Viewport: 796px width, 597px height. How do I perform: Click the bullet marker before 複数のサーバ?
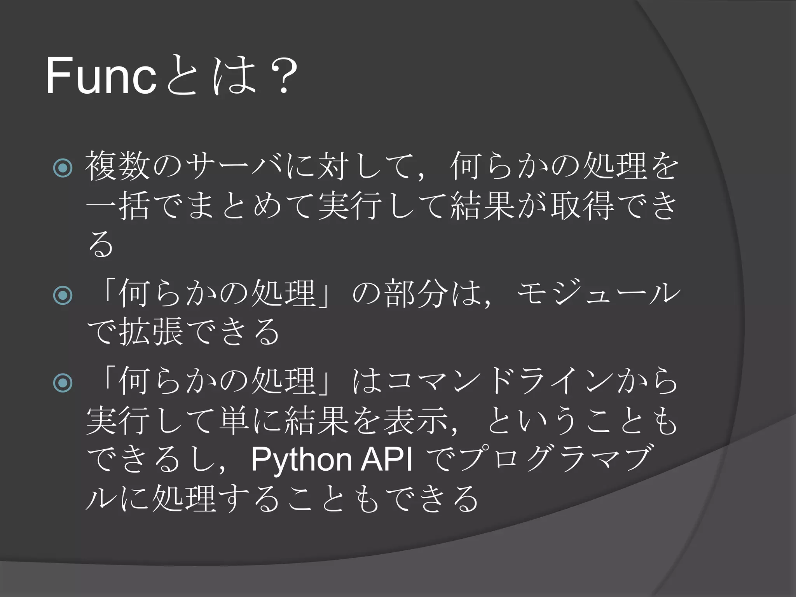[63, 168]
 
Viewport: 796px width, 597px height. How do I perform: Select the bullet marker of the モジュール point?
[63, 295]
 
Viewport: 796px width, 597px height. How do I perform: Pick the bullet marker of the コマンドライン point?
[63, 383]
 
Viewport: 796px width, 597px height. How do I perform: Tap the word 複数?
[117, 166]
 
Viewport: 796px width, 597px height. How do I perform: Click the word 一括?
[117, 206]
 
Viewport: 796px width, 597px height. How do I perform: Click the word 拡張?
[151, 332]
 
